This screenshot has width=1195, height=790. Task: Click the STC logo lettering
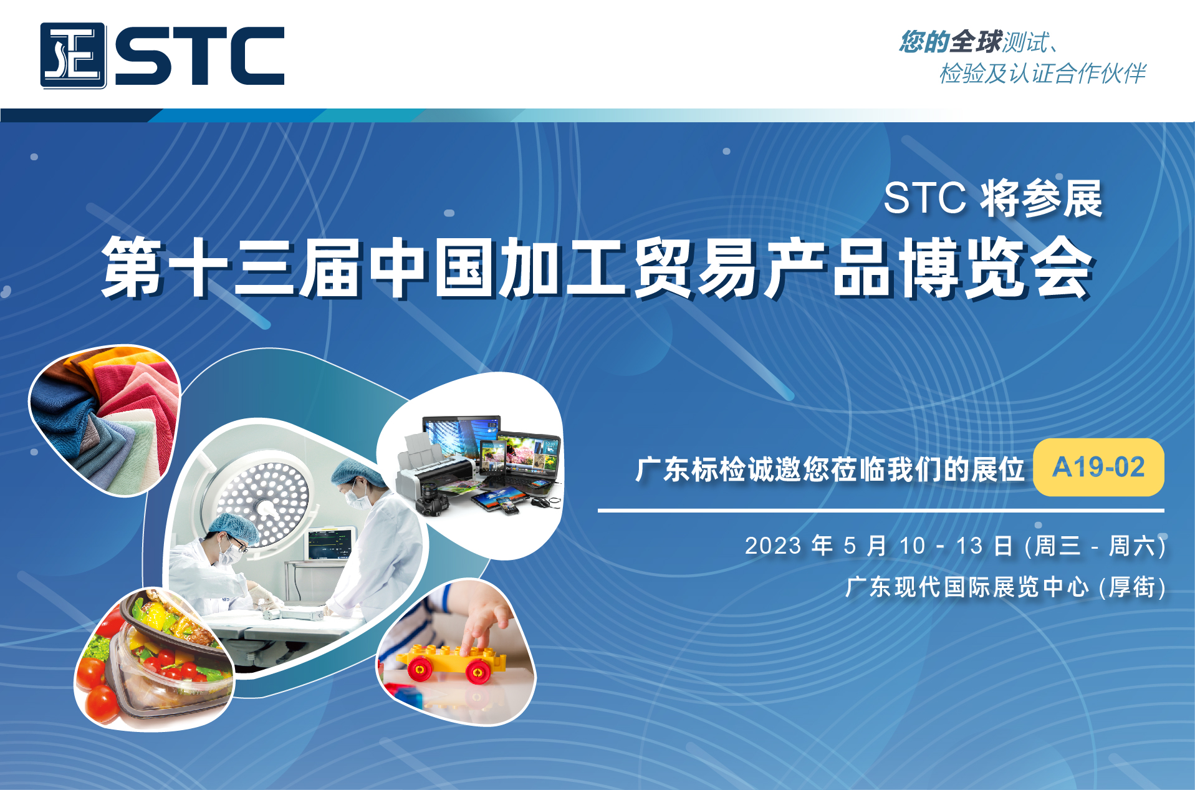pyautogui.click(x=199, y=55)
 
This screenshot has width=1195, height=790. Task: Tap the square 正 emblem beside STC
pyautogui.click(x=73, y=55)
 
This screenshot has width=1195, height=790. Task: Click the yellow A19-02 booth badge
pyautogui.click(x=1098, y=467)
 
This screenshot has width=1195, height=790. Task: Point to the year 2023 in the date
pyautogui.click(x=773, y=546)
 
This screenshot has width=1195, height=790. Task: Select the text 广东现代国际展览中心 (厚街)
pyautogui.click(x=1005, y=587)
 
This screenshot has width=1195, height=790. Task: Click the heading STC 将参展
pyautogui.click(x=993, y=199)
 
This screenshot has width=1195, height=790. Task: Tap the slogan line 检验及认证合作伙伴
pyautogui.click(x=1043, y=74)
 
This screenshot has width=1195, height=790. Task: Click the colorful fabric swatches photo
pyautogui.click(x=105, y=420)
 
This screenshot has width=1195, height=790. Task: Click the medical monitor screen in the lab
pyautogui.click(x=329, y=544)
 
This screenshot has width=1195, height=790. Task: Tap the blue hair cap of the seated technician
pyautogui.click(x=234, y=527)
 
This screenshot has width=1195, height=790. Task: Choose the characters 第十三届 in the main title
pyautogui.click(x=233, y=268)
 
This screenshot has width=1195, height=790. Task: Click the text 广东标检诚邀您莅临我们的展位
pyautogui.click(x=830, y=469)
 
